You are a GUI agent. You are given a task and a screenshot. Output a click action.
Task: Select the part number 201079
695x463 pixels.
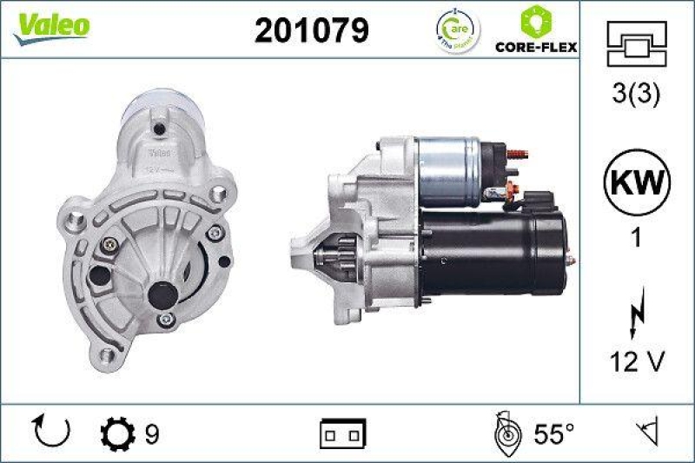(311, 30)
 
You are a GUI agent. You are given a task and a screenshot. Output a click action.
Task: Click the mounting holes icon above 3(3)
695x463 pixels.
(636, 40)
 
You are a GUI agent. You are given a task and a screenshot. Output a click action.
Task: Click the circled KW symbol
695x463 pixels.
(637, 184)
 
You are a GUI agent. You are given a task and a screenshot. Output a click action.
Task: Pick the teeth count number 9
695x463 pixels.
(151, 432)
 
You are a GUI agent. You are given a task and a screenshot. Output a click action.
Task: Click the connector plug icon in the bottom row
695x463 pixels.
(344, 432)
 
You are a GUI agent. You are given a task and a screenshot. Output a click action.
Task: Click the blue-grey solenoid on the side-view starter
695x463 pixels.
(449, 169)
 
